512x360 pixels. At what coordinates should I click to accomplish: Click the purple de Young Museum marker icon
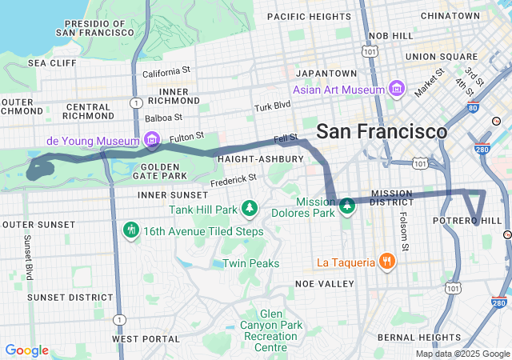[x=150, y=142]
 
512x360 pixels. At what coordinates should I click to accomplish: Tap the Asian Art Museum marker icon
[x=395, y=88]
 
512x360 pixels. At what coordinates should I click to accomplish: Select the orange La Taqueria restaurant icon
[x=386, y=262]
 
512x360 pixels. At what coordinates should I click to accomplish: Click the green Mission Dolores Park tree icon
[x=347, y=207]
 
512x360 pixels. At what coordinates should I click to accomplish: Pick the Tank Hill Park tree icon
[x=250, y=209]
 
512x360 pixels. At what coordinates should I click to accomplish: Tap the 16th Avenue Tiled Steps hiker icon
[x=131, y=230]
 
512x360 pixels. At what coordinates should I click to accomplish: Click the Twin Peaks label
[x=250, y=263]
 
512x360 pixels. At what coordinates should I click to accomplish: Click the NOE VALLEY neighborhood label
[x=324, y=284]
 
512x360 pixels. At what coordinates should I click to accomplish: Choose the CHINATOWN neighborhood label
[x=450, y=15]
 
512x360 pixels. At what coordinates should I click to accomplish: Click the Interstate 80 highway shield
[x=472, y=107]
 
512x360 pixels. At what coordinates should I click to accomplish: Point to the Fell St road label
[x=286, y=138]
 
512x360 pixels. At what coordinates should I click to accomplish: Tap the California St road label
[x=167, y=72]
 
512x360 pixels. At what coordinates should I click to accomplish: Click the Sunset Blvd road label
[x=28, y=256]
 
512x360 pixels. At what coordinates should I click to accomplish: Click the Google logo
[x=26, y=350]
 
